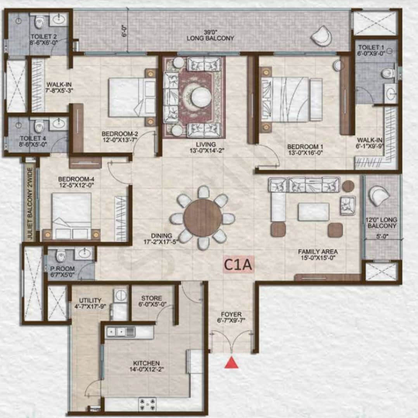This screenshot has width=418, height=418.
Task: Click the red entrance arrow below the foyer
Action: pyautogui.click(x=231, y=363)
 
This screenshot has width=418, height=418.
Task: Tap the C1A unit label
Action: pyautogui.click(x=238, y=265)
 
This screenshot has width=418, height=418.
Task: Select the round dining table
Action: pyautogui.click(x=202, y=218)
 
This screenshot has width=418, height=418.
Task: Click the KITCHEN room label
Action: pyautogui.click(x=146, y=363)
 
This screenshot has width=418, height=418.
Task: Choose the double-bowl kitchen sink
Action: pyautogui.click(x=121, y=331)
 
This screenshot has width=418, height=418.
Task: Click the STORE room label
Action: pyautogui.click(x=151, y=298)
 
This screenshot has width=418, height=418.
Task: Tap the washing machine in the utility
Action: pyautogui.click(x=121, y=295)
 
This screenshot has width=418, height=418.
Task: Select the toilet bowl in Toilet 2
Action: pyautogui.click(x=39, y=22)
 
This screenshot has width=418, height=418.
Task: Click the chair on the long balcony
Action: pyautogui.click(x=321, y=36)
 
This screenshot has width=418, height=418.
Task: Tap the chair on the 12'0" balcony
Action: pyautogui.click(x=379, y=196)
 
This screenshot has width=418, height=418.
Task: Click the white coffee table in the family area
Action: pyautogui.click(x=313, y=212)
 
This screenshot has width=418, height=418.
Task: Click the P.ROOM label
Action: pyautogui.click(x=60, y=269)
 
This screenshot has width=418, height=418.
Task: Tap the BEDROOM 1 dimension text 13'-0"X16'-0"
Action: pyautogui.click(x=305, y=153)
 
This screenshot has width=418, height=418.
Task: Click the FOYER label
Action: pyautogui.click(x=232, y=314)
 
